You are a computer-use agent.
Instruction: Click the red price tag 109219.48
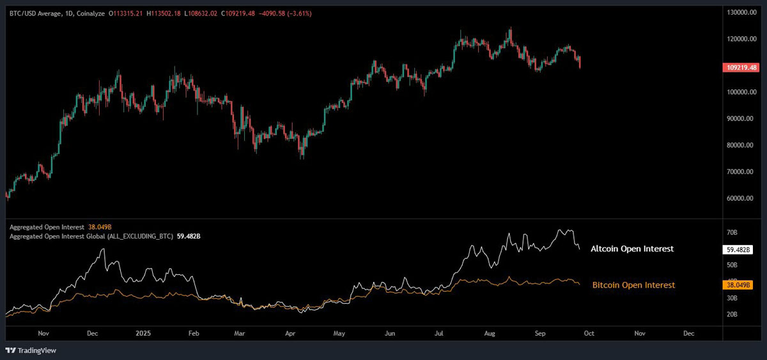740,67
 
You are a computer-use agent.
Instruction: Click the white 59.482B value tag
740,250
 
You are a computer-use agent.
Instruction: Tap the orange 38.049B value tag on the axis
740,285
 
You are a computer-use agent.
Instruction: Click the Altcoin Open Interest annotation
631,249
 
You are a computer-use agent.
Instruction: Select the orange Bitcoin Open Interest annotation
633,285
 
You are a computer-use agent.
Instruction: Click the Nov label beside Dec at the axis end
639,333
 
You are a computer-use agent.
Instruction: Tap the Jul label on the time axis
439,333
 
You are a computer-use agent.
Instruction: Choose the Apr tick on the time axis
290,333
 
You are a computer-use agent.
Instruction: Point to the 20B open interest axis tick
732,315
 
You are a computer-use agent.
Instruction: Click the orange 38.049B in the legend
101,227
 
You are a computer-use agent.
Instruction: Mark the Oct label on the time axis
590,333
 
